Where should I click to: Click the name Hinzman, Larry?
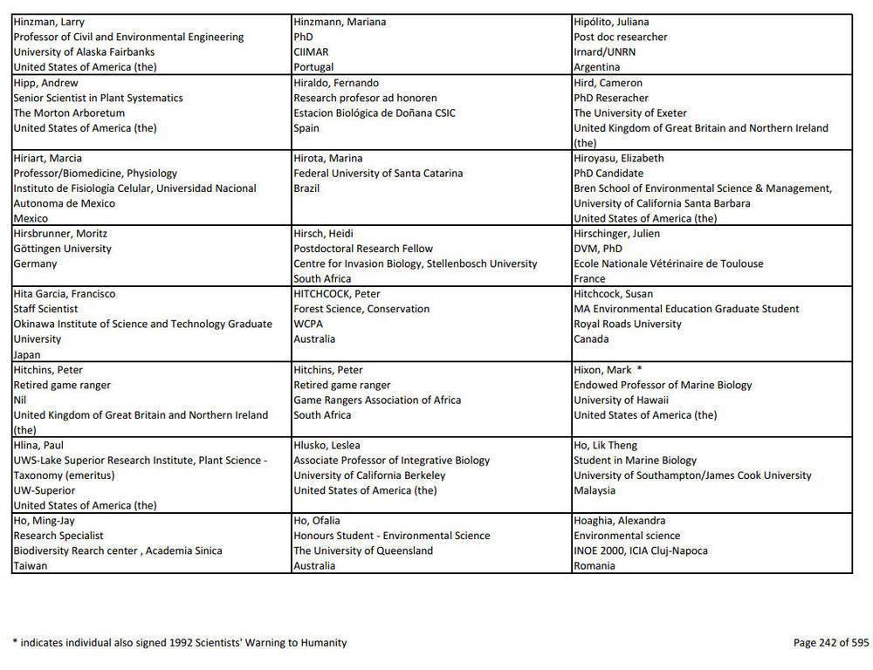[49, 22]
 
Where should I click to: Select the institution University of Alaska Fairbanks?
[84, 52]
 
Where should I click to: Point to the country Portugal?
[313, 67]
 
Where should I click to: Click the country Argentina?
[596, 67]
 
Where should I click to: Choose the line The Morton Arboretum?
[69, 113]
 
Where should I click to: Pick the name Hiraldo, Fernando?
[336, 83]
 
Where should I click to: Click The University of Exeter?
[630, 113]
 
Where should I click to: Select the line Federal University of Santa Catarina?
[378, 174]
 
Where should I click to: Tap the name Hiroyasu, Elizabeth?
[619, 159]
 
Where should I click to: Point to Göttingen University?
[63, 249]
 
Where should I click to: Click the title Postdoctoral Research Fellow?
[363, 249]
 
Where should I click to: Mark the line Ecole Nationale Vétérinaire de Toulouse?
[668, 263]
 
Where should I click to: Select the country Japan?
[27, 355]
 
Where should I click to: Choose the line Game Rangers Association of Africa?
[377, 400]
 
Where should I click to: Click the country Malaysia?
[595, 490]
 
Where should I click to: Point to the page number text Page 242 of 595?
[831, 643]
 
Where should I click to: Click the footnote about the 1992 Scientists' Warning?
[180, 643]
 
